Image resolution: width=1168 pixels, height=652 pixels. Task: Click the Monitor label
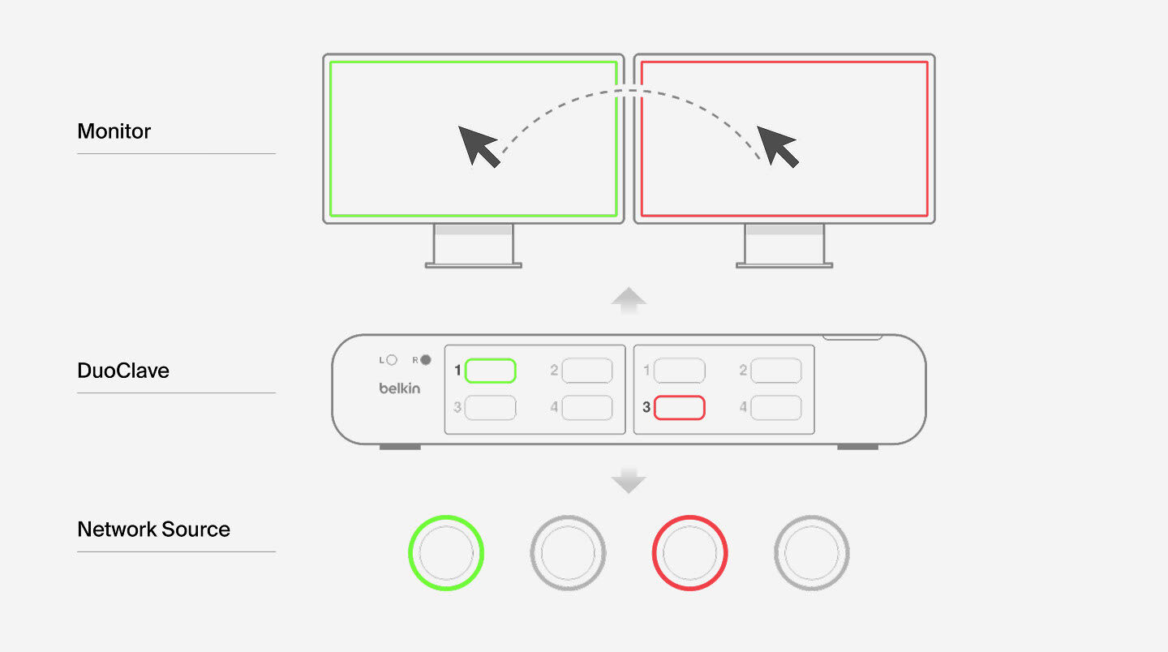click(x=114, y=131)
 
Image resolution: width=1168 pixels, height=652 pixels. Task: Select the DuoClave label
click(x=123, y=371)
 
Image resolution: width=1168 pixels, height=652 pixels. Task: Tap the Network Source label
click(x=153, y=530)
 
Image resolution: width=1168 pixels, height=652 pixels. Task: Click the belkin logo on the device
click(x=400, y=388)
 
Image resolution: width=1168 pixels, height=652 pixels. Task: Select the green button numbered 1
click(x=491, y=371)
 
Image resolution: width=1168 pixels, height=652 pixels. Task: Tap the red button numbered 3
click(x=679, y=407)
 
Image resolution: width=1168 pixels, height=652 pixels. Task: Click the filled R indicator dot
click(x=426, y=360)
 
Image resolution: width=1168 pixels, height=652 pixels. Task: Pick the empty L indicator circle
click(x=392, y=360)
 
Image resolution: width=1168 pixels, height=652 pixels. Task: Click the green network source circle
click(x=445, y=553)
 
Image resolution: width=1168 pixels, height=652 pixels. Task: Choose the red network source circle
click(x=689, y=553)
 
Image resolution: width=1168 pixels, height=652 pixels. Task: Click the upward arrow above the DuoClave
click(x=628, y=300)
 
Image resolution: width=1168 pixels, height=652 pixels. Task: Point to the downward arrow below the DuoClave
click(x=628, y=481)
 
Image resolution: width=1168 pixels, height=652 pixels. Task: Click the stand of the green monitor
click(x=474, y=246)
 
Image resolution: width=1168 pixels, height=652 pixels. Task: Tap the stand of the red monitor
click(x=784, y=246)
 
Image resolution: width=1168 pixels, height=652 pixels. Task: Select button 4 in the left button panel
click(x=586, y=407)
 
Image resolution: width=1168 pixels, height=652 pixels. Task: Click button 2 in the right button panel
click(x=775, y=371)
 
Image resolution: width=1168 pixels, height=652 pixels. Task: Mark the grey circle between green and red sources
click(x=568, y=553)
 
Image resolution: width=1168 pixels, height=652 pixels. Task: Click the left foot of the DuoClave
click(x=400, y=447)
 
